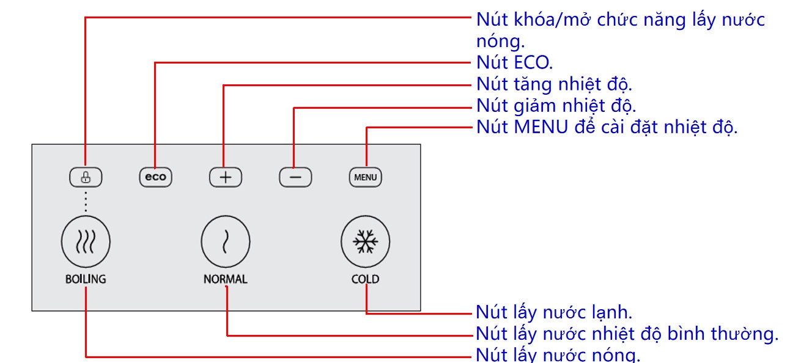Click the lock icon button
(86, 178)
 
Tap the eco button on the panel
(155, 178)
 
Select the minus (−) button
(295, 178)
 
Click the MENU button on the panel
(366, 178)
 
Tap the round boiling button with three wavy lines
(86, 243)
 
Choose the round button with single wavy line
(226, 243)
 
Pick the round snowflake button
(365, 243)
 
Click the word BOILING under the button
(86, 279)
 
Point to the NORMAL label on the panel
(226, 279)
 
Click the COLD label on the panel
(365, 279)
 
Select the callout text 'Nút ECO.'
(514, 62)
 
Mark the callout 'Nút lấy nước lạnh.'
(554, 312)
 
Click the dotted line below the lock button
(86, 201)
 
